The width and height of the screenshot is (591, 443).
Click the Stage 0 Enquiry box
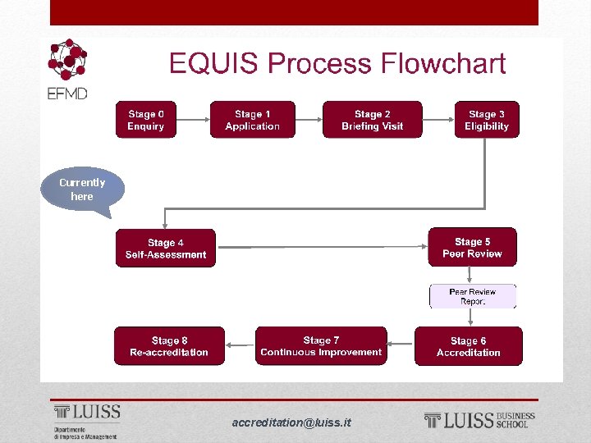pyautogui.click(x=145, y=120)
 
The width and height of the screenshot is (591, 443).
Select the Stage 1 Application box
pyautogui.click(x=252, y=120)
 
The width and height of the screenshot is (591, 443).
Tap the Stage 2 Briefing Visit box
pyautogui.click(x=372, y=120)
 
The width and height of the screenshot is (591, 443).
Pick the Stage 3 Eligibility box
pyautogui.click(x=487, y=120)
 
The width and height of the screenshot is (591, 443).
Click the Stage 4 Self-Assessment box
pyautogui.click(x=166, y=249)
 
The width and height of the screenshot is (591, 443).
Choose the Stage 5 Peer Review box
pyautogui.click(x=472, y=247)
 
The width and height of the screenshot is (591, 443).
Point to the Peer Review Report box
pyautogui.click(x=473, y=296)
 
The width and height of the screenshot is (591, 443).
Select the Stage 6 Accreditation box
pyautogui.click(x=468, y=346)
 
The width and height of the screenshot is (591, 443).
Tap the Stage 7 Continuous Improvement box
pyautogui.click(x=321, y=345)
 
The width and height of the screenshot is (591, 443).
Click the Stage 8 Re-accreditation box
pyautogui.click(x=169, y=346)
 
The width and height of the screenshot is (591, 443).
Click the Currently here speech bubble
pyautogui.click(x=82, y=190)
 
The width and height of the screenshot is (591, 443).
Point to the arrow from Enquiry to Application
pyautogui.click(x=193, y=120)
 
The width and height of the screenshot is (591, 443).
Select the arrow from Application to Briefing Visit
pyautogui.click(x=308, y=120)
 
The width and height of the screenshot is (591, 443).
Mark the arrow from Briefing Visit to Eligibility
pyautogui.click(x=438, y=120)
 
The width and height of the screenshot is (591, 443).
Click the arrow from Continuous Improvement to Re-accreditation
pyautogui.click(x=241, y=346)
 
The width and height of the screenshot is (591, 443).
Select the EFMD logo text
pyautogui.click(x=66, y=94)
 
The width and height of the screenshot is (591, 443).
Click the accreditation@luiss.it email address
pyautogui.click(x=291, y=422)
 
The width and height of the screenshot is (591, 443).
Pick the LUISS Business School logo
pyautogui.click(x=479, y=421)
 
